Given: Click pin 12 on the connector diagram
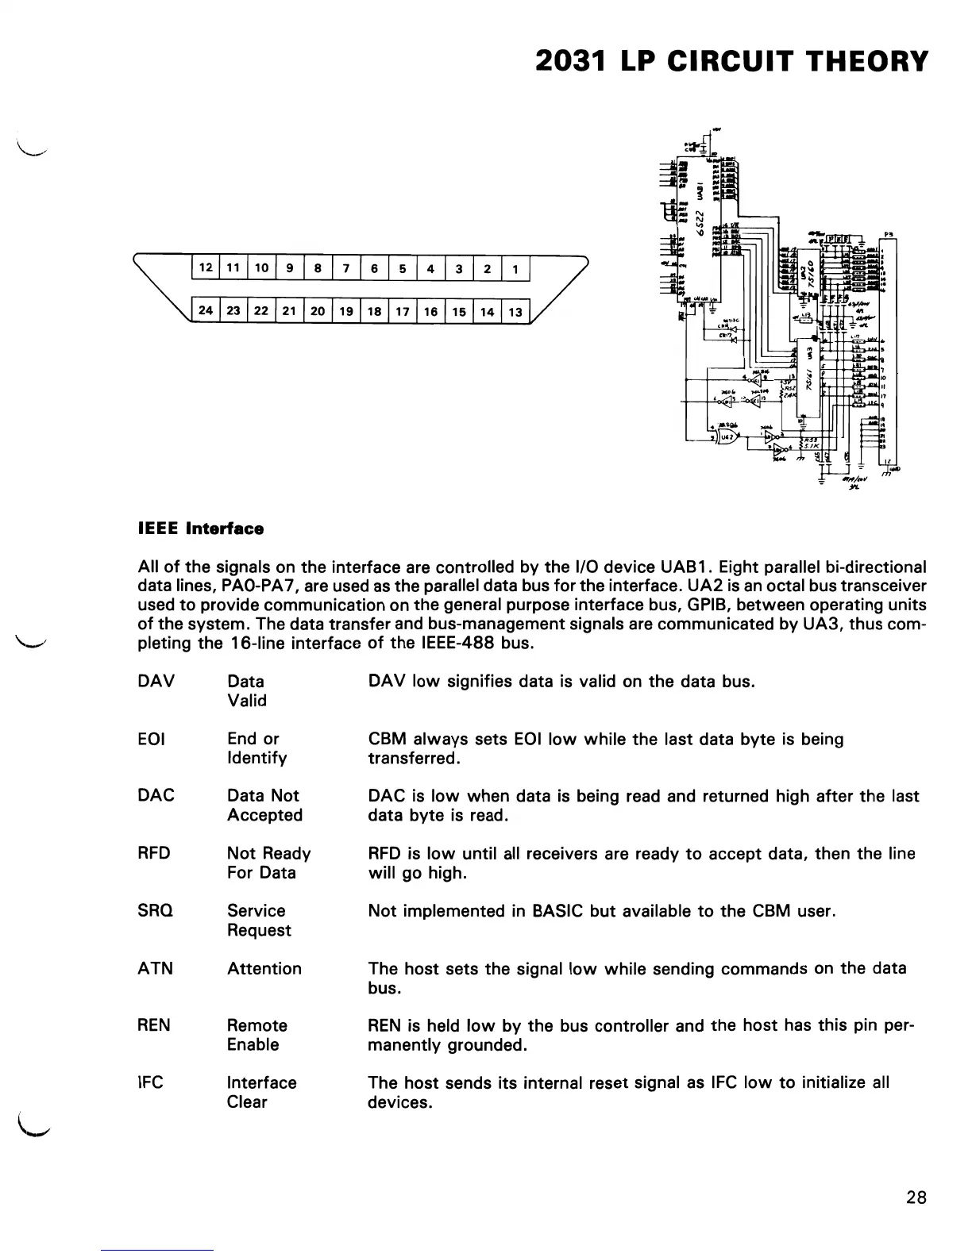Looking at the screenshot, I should click(205, 268).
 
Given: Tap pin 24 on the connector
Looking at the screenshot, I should click(205, 311).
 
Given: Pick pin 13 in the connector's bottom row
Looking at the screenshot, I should click(515, 312).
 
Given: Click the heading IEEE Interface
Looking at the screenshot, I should click(201, 529).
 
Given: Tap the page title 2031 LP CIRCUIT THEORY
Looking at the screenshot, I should click(731, 61).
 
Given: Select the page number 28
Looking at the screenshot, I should click(916, 1197).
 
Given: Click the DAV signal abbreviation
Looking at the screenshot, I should click(156, 682).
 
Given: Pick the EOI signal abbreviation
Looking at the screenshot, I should click(151, 740).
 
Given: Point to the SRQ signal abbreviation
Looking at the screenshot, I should click(156, 911).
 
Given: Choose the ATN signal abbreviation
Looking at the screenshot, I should click(155, 968).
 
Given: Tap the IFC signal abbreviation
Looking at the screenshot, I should click(151, 1082).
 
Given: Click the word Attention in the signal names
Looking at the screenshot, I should click(264, 968).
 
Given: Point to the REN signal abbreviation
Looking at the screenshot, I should click(154, 1025).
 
